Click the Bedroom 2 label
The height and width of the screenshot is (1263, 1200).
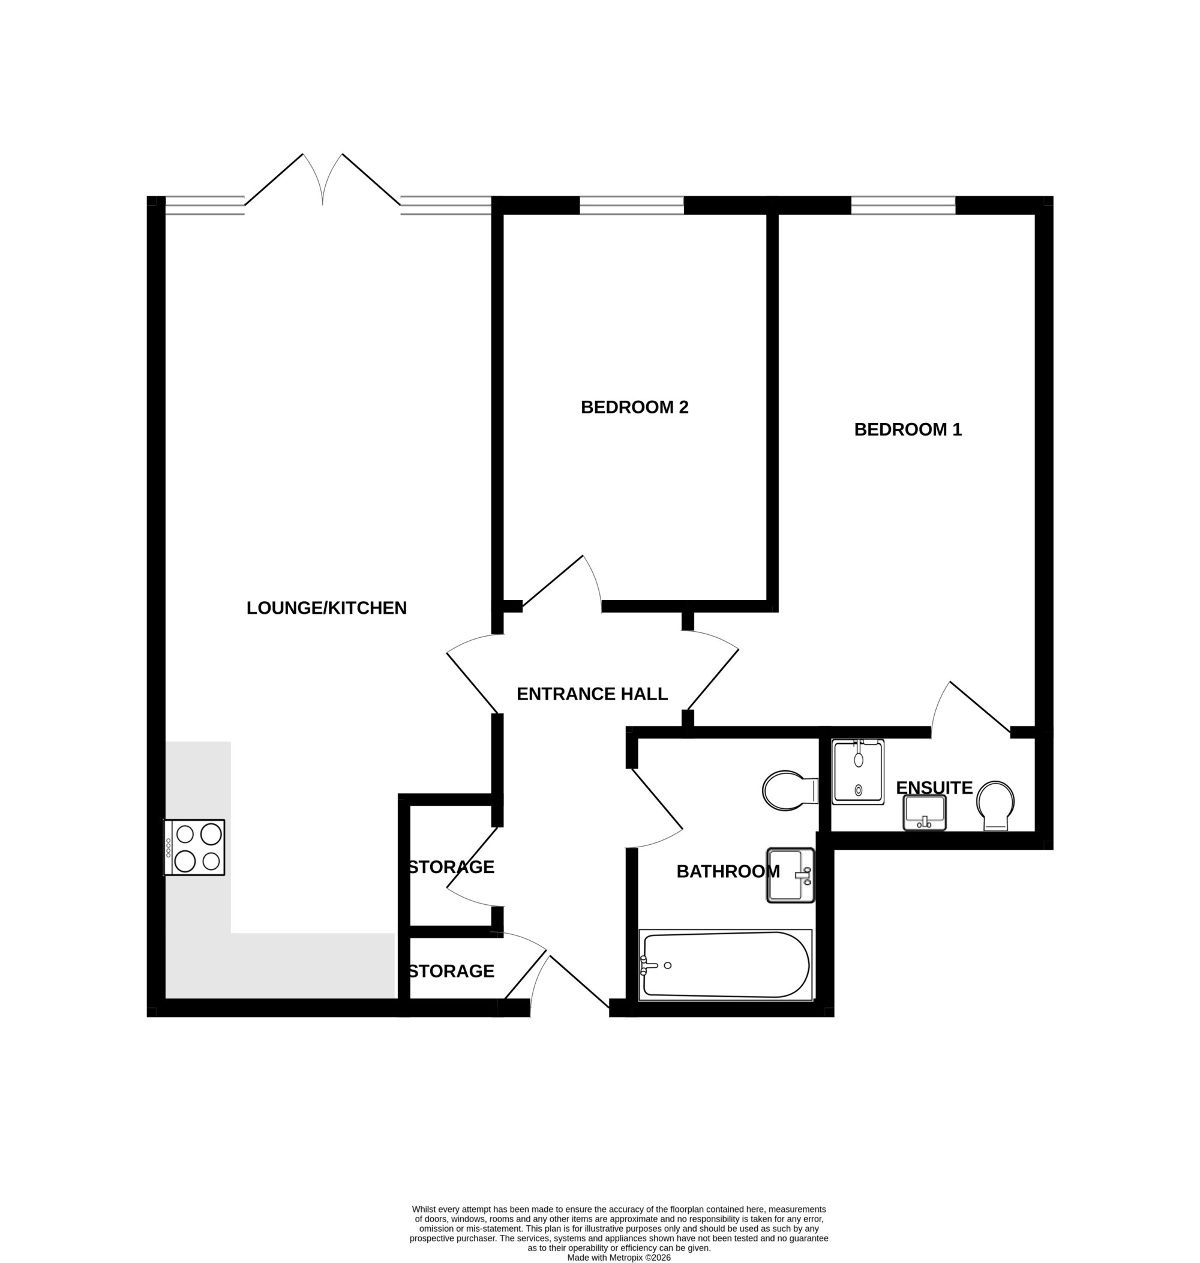635,407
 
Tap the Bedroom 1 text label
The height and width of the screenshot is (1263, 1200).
908,430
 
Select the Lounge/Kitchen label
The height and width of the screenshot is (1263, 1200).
326,608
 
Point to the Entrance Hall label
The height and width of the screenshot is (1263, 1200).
592,694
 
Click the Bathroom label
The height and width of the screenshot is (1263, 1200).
728,872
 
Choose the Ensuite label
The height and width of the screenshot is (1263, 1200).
934,788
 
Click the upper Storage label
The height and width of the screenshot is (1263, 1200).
452,867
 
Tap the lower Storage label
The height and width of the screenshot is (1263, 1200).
452,971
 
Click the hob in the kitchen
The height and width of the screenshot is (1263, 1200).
194,847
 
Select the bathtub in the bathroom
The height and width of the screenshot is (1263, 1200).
725,965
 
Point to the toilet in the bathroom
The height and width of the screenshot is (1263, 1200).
790,790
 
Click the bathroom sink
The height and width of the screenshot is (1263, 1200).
791,875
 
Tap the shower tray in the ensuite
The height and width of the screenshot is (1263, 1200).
858,772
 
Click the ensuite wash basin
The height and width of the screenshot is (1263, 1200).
925,812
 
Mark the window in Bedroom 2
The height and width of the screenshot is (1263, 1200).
632,205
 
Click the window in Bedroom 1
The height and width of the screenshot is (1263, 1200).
903,205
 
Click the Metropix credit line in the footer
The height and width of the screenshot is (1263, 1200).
619,1257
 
